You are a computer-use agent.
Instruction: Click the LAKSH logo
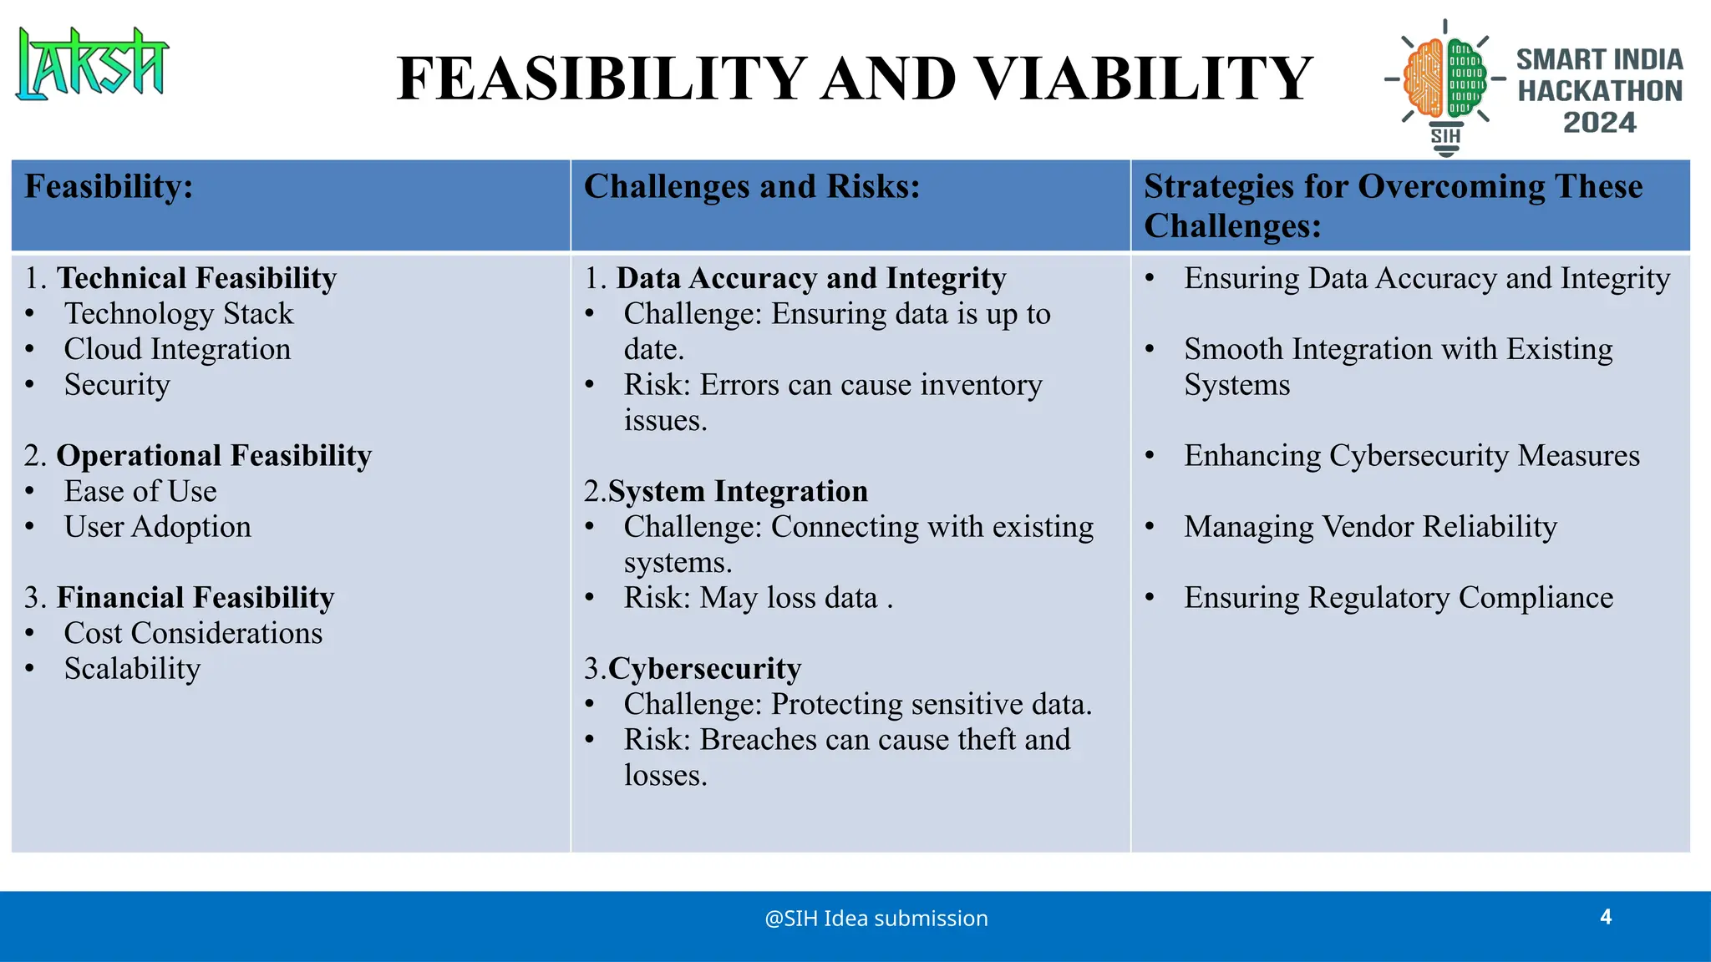pos(92,64)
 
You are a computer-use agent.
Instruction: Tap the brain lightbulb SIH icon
pos(1445,84)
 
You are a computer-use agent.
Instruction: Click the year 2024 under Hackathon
pos(1599,123)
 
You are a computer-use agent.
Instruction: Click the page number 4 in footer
pos(1605,917)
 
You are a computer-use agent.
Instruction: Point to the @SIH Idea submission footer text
pos(876,919)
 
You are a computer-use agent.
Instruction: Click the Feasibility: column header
pos(109,186)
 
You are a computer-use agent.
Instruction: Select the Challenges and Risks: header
pos(751,186)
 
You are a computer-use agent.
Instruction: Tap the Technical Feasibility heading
pos(196,278)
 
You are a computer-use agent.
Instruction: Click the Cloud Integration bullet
pos(177,349)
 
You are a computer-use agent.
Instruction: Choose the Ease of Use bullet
pos(140,491)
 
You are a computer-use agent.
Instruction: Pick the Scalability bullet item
pos(132,669)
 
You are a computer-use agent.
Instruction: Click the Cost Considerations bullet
pos(193,633)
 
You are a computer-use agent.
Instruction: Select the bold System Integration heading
pos(738,491)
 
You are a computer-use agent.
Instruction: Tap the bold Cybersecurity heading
pos(704,669)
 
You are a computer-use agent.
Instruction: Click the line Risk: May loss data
pos(758,598)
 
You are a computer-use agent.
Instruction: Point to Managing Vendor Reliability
pos(1370,527)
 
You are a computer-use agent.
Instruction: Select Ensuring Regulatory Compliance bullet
pos(1398,598)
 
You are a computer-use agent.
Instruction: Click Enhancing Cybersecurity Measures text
pos(1411,456)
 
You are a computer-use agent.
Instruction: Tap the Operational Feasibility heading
pos(213,456)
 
